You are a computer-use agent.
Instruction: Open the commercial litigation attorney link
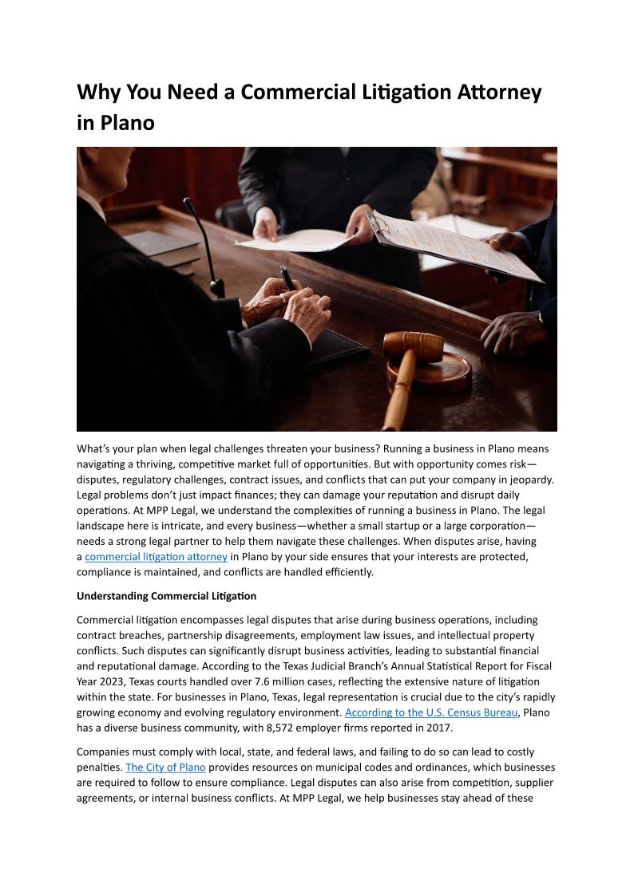tap(156, 557)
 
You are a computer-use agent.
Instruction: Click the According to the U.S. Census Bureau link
tap(431, 712)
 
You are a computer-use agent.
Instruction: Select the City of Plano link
tap(165, 768)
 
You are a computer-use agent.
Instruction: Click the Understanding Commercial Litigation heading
tap(166, 596)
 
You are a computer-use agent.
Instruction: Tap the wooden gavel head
tap(413, 345)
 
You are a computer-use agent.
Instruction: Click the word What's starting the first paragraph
tap(94, 448)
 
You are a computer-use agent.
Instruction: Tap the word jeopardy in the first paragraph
tap(529, 480)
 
